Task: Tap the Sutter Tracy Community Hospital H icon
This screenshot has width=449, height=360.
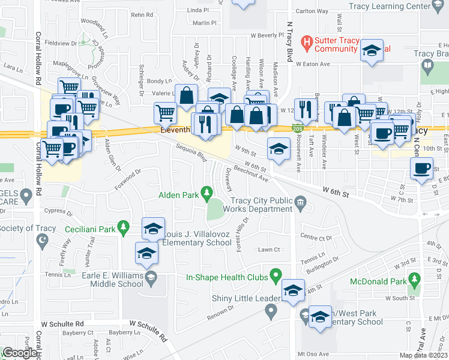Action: [307, 43]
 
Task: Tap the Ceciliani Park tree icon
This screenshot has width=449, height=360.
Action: [123, 227]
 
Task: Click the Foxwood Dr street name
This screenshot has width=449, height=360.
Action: [128, 179]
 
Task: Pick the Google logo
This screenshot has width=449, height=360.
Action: [20, 353]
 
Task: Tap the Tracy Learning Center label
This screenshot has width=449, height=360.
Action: [391, 5]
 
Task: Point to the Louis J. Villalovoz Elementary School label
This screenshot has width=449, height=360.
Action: [198, 238]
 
